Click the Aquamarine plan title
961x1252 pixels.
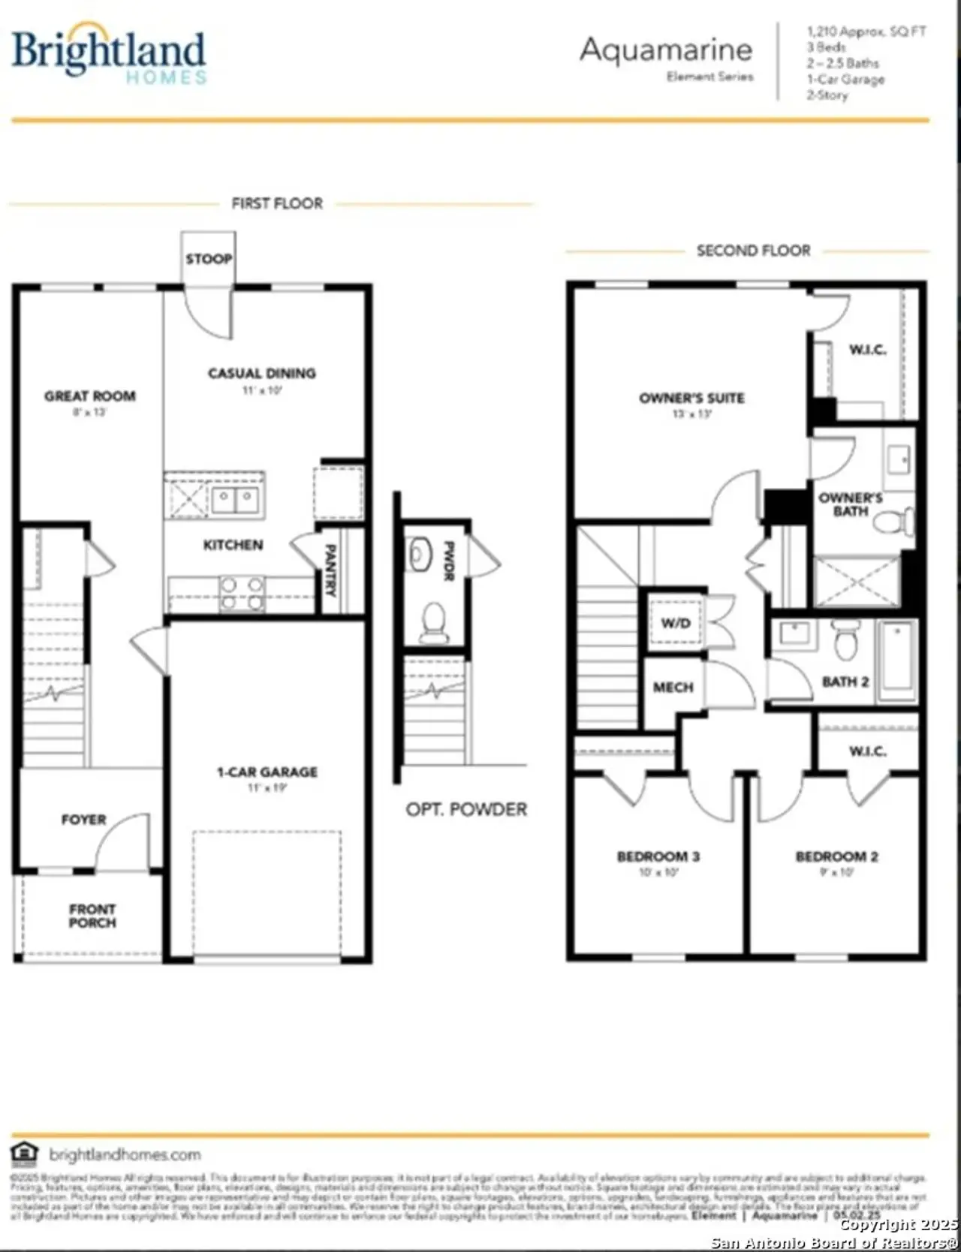[x=666, y=50]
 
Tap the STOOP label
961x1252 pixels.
[x=208, y=259]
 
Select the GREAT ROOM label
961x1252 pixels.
[x=90, y=396]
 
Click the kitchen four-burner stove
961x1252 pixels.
[x=242, y=593]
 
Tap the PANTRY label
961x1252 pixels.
[x=330, y=570]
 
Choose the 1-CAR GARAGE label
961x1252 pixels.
[x=267, y=772]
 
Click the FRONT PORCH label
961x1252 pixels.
[x=92, y=916]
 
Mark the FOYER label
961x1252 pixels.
[x=83, y=820]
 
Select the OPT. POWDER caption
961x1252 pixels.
[x=466, y=809]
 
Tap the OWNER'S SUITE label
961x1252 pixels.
[x=691, y=399]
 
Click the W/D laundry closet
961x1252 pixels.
[x=676, y=623]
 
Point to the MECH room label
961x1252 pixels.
[x=673, y=688]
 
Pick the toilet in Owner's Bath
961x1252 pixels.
[x=893, y=520]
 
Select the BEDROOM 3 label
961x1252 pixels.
[x=658, y=856]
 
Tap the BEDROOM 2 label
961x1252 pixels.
[x=836, y=856]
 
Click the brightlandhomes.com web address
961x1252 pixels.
[x=125, y=1154]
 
